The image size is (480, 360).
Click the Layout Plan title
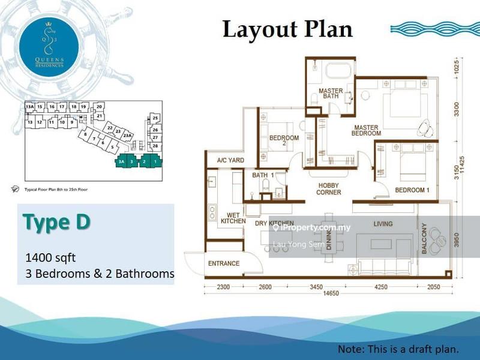point(287,29)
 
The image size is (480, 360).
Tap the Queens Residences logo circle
point(46,44)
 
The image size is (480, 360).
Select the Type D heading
point(56,221)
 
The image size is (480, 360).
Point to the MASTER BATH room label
point(331,94)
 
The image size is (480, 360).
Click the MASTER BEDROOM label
point(365,131)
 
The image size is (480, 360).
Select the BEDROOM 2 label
point(284,140)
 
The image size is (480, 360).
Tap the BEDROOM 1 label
point(412,191)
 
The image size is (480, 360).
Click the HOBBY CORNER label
point(329,189)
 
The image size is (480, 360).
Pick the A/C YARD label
point(230,160)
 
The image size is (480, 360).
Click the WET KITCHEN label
point(233,218)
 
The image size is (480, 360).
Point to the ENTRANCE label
point(224,263)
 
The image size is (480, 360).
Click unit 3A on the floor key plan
point(122,161)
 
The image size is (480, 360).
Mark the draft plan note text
point(398,349)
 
